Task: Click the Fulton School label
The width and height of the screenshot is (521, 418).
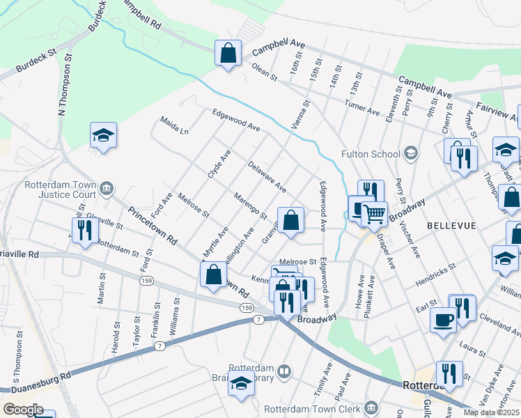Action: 371,154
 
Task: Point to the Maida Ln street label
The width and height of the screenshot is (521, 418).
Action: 175,125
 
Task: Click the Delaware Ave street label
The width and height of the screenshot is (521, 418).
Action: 267,177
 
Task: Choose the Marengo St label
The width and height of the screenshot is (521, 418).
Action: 251,206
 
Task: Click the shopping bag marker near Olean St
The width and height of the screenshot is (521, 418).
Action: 228,53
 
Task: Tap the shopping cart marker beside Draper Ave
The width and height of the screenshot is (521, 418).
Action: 375,214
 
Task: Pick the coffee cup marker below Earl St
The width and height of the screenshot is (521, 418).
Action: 443,320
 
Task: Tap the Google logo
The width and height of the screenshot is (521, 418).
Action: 23,409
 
